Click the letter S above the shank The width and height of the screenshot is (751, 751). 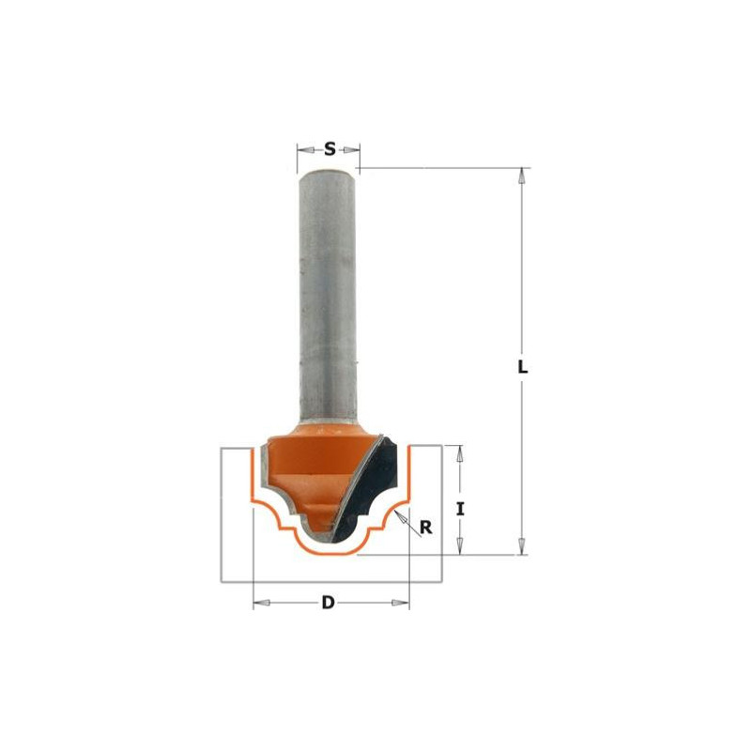pos(330,148)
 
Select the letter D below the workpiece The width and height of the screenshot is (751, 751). pos(329,603)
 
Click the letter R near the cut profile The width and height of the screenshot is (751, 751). pos(425,528)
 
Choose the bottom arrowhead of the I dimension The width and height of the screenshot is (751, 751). pos(459,548)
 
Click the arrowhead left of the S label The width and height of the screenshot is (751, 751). pos(303,148)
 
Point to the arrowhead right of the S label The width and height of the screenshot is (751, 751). pos(354,148)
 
